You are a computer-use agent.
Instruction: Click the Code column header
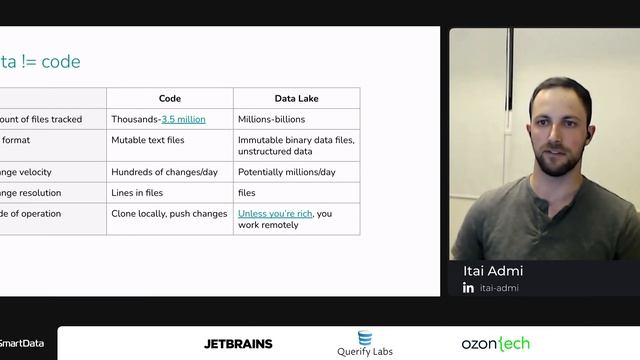pyautogui.click(x=170, y=98)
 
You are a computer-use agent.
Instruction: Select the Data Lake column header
pyautogui.click(x=296, y=98)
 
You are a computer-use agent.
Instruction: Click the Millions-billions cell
pyautogui.click(x=271, y=119)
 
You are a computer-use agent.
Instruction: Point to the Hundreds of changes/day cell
pyautogui.click(x=164, y=172)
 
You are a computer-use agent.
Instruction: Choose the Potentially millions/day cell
pyautogui.click(x=287, y=172)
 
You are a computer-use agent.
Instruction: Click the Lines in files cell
pyautogui.click(x=137, y=193)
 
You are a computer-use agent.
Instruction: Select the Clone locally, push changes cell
pyautogui.click(x=169, y=213)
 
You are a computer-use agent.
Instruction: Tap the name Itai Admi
pyautogui.click(x=493, y=271)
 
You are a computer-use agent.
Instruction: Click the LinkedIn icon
pyautogui.click(x=468, y=288)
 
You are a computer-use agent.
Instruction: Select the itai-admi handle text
pyautogui.click(x=500, y=288)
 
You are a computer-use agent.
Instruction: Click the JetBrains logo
pyautogui.click(x=238, y=344)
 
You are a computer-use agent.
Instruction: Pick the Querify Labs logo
pyautogui.click(x=364, y=344)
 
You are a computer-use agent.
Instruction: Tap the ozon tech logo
pyautogui.click(x=495, y=343)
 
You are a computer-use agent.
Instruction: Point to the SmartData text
pyautogui.click(x=21, y=344)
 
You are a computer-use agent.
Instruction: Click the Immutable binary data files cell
pyautogui.click(x=296, y=146)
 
